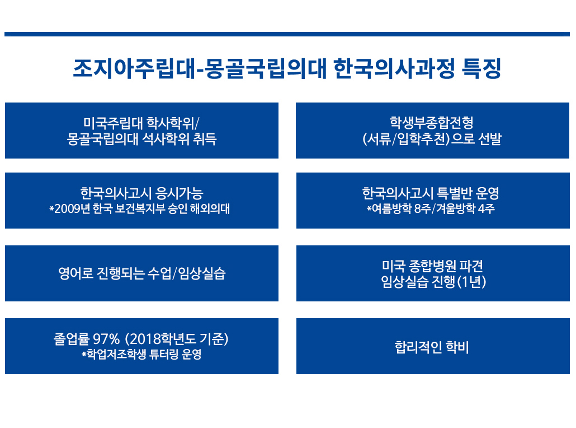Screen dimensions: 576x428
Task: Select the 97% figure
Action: [x=106, y=338]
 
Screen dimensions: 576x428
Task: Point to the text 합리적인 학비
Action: [x=432, y=347]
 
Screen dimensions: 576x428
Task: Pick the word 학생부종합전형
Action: [x=432, y=123]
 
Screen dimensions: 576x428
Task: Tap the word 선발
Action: [x=490, y=139]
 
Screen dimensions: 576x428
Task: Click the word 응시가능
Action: [x=180, y=193]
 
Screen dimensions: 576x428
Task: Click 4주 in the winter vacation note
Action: [x=487, y=208]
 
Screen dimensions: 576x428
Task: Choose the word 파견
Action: [x=471, y=266]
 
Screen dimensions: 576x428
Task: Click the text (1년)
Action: [x=471, y=282]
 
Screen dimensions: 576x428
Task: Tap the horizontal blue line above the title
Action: [x=287, y=34]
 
